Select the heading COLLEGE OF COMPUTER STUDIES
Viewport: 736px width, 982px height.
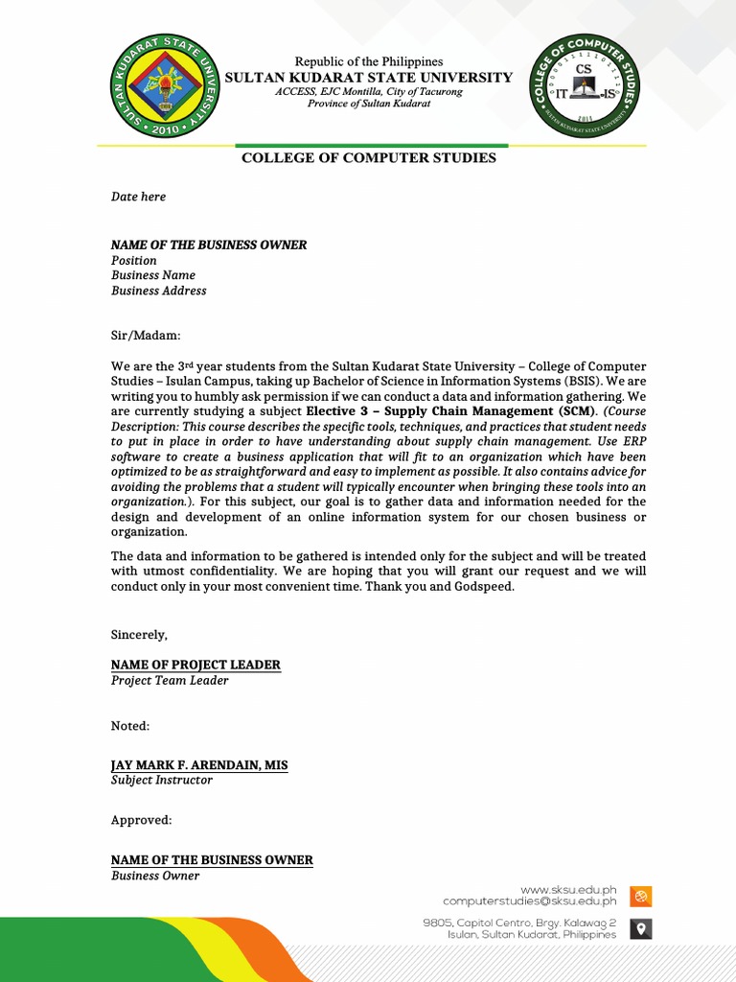point(368,158)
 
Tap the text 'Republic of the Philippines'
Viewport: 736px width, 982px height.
point(368,62)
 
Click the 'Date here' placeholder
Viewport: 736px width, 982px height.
point(138,197)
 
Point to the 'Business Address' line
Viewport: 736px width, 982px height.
point(158,291)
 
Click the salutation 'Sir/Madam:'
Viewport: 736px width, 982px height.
point(145,336)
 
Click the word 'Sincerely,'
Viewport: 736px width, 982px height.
point(139,635)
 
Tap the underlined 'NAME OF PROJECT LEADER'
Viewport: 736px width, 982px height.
point(195,666)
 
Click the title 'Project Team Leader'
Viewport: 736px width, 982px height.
point(170,681)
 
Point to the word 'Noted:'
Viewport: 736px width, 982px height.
point(130,726)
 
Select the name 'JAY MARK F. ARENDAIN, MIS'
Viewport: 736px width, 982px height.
point(199,765)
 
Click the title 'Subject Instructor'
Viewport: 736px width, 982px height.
point(162,781)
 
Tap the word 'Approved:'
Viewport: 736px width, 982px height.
point(141,821)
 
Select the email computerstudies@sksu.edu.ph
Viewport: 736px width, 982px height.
point(529,901)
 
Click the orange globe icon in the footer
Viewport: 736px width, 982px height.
point(641,897)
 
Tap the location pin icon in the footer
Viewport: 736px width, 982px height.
point(641,927)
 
